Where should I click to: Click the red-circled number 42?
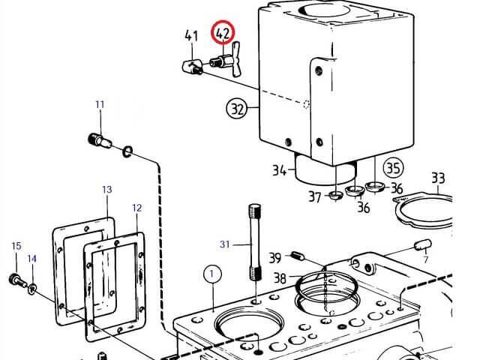tap(222, 32)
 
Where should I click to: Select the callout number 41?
tap(191, 35)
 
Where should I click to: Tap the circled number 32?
tap(236, 108)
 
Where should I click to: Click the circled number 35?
tap(394, 168)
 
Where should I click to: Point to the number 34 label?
tap(280, 170)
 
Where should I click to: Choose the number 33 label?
tap(438, 178)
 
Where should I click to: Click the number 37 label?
tap(315, 196)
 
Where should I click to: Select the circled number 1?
tap(212, 273)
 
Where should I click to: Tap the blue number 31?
tap(224, 244)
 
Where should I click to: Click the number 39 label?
tap(275, 258)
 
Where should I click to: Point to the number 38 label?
tap(280, 278)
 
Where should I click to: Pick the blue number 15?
tap(16, 246)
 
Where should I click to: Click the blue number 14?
tap(31, 259)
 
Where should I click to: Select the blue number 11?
tap(100, 105)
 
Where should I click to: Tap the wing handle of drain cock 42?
tap(235, 59)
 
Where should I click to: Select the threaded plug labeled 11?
tap(100, 140)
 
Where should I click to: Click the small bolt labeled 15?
tap(18, 280)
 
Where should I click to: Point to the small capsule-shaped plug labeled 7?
tap(423, 245)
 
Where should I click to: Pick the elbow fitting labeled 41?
tap(192, 67)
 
